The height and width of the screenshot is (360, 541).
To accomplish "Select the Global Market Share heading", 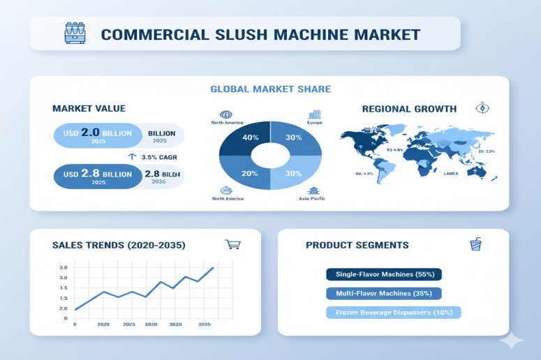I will [270, 89].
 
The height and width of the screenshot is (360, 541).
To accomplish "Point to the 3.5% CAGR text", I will [160, 157].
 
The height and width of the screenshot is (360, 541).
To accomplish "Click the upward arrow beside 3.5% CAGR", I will [131, 157].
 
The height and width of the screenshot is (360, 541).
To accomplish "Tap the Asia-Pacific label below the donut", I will [312, 199].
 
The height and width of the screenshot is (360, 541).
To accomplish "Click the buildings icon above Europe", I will [314, 114].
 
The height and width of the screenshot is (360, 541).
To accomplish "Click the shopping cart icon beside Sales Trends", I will [232, 244].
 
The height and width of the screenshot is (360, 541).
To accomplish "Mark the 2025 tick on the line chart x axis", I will [128, 324].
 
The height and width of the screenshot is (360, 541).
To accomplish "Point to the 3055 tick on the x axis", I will [205, 324].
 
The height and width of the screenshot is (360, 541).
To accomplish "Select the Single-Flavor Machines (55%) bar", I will [384, 274].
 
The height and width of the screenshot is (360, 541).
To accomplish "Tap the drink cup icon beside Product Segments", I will [476, 244].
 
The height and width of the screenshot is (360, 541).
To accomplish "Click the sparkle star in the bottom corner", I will [512, 340].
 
